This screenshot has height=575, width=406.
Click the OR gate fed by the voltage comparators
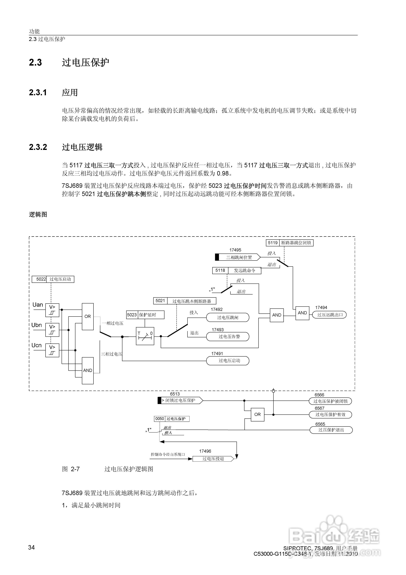88,316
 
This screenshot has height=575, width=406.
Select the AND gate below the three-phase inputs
88,370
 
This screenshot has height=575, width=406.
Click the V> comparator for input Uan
52,310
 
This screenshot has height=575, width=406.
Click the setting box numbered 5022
53,279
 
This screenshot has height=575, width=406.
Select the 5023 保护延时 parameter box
145,315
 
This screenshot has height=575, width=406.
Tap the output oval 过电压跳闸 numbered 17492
228,318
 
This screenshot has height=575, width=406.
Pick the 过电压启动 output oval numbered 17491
228,361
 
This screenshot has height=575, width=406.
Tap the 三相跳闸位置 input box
238,257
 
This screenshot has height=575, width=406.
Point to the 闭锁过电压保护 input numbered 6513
180,401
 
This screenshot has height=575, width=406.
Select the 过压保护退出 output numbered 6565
331,430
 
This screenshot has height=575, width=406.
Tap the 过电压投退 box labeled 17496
213,459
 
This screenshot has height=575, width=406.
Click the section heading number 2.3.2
38,147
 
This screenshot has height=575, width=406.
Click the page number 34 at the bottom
32,547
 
